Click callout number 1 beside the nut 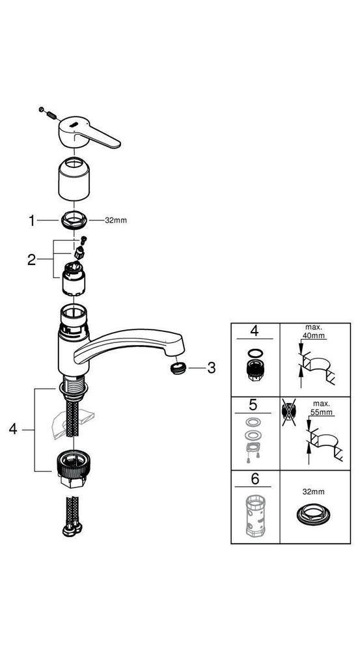point(31,221)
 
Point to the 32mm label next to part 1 point(116,221)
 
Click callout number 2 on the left point(31,260)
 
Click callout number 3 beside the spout point(210,368)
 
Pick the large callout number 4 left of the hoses point(13,430)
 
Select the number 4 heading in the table point(255,331)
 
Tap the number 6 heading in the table point(255,478)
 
